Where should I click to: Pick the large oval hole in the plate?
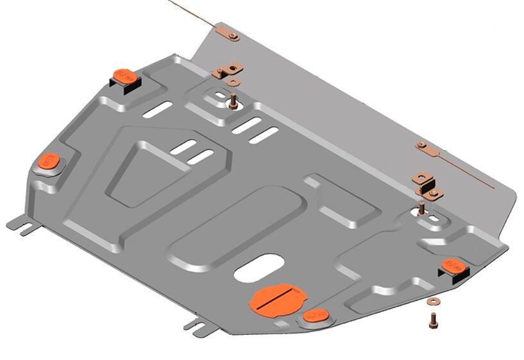(260, 268)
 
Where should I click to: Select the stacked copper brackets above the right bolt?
(425, 183)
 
